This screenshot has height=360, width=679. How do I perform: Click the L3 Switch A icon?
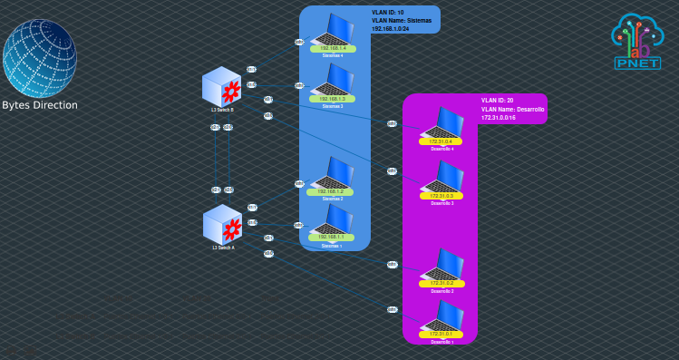pos(222,224)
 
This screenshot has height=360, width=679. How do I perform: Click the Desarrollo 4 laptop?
pos(443,123)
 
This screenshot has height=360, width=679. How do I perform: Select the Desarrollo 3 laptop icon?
pos(443,178)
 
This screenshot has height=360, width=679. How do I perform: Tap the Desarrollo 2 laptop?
pos(443,265)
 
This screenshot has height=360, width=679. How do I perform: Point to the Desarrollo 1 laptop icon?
pos(443,316)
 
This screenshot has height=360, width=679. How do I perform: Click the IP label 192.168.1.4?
pos(333,48)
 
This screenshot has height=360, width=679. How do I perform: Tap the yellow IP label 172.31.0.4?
pos(441,141)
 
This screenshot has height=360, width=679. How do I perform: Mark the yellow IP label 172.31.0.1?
pos(441,335)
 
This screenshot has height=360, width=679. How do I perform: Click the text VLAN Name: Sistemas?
pos(402,20)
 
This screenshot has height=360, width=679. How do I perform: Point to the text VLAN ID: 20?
pos(498,100)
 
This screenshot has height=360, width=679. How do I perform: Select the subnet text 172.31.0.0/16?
pos(500,118)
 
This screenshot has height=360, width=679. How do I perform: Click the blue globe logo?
pos(40,57)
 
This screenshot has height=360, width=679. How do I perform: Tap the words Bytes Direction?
pos(40,105)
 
